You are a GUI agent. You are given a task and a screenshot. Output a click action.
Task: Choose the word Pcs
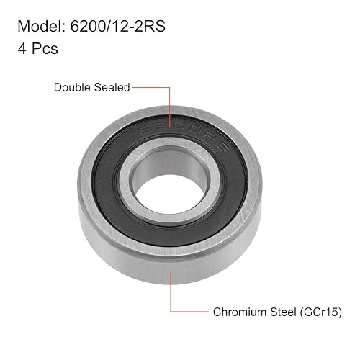[44, 50]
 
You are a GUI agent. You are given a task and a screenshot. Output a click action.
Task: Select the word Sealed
[112, 88]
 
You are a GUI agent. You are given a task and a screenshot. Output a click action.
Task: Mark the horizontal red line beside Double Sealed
[150, 88]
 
